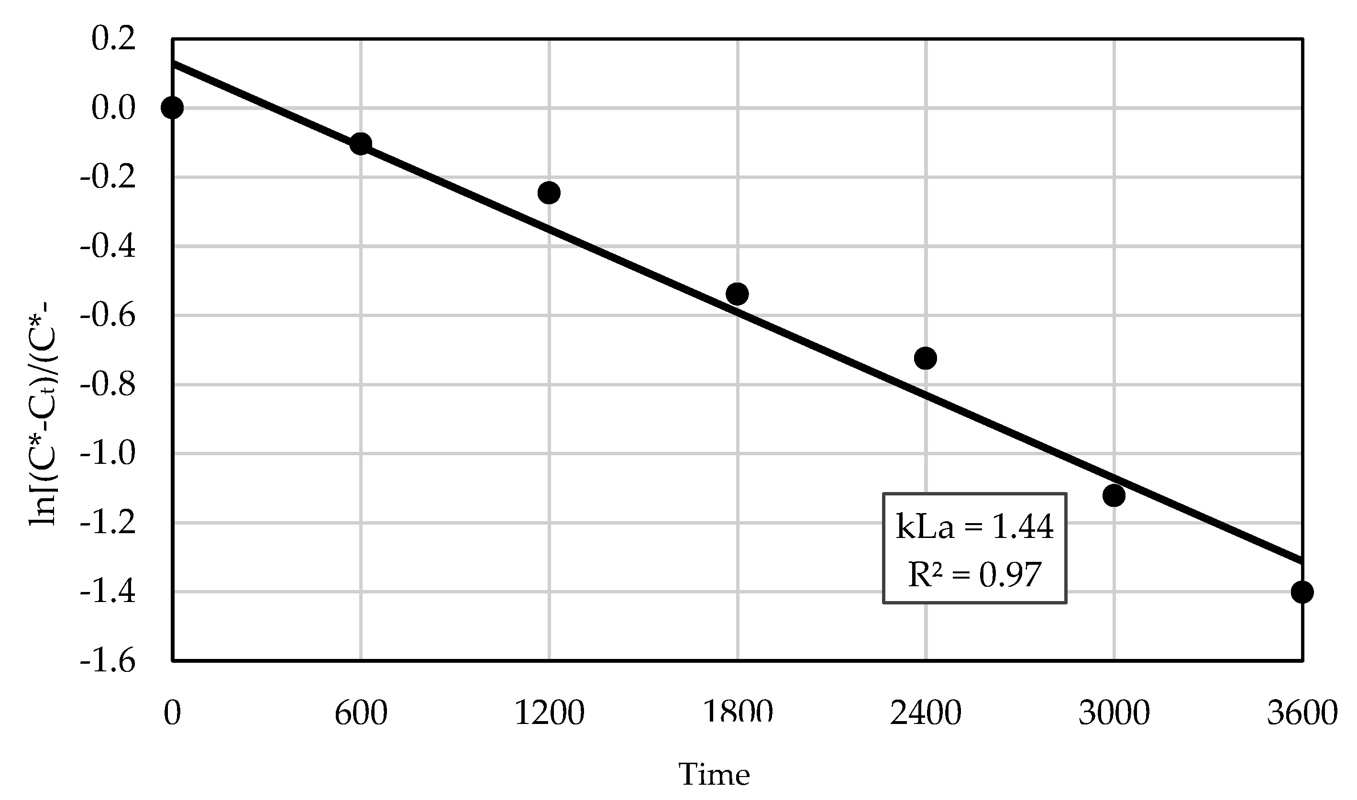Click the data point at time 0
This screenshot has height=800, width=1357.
click(x=172, y=108)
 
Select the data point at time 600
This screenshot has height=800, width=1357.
click(x=361, y=143)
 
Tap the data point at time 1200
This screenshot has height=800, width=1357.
click(x=549, y=192)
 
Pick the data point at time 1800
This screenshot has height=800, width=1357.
click(x=737, y=294)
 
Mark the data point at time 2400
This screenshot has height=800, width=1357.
click(x=926, y=358)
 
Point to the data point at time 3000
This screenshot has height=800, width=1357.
click(x=1114, y=495)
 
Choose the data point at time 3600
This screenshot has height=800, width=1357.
click(x=1302, y=592)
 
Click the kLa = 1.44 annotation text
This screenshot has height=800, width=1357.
click(x=974, y=526)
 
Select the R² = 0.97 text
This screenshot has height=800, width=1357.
click(x=974, y=575)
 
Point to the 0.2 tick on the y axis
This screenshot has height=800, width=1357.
click(x=113, y=39)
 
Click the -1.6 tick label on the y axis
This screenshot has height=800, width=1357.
click(x=107, y=661)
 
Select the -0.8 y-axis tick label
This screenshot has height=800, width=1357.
click(x=107, y=385)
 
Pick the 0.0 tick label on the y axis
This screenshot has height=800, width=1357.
click(x=113, y=108)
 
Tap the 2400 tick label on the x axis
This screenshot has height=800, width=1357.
click(x=926, y=713)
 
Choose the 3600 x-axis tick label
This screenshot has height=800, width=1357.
click(x=1302, y=713)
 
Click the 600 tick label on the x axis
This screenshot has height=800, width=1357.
click(x=361, y=713)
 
